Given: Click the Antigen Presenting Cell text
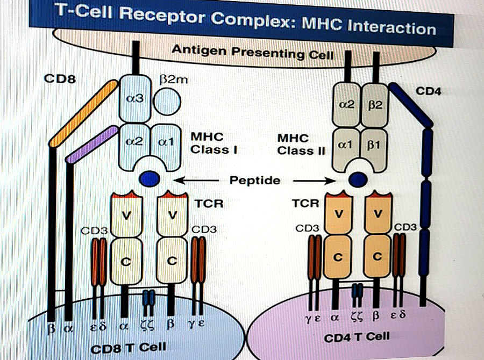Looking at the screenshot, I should [253, 53].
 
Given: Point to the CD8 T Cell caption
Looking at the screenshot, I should [130, 348].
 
